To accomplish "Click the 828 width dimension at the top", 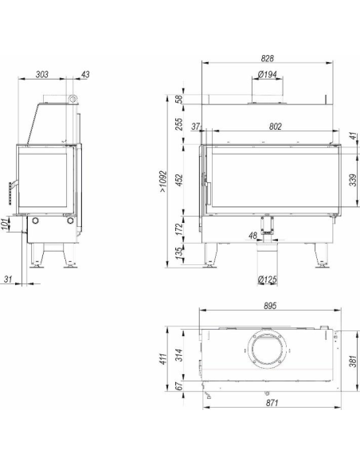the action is [x=267, y=58].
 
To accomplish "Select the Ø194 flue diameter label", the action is [x=267, y=74].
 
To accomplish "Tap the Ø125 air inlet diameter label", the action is [x=267, y=279].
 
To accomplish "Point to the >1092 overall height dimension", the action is [x=164, y=182].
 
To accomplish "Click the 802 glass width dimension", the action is [x=276, y=127].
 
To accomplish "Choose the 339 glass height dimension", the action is [x=353, y=180].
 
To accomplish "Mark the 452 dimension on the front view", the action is [x=180, y=180].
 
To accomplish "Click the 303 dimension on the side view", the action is [x=41, y=74].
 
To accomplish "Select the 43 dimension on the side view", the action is [x=85, y=74].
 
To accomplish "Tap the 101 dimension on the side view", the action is [x=6, y=225].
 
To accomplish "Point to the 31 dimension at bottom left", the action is [x=8, y=279].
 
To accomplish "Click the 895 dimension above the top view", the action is [x=270, y=306].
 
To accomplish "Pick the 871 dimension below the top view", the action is [x=272, y=403].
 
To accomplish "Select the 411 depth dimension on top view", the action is [x=164, y=359].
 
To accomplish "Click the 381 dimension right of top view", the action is [x=353, y=361].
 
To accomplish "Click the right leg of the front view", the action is [x=321, y=255].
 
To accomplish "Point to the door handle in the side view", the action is [x=12, y=193].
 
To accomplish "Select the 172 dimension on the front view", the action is [x=180, y=229].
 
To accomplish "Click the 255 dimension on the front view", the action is [x=180, y=124].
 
